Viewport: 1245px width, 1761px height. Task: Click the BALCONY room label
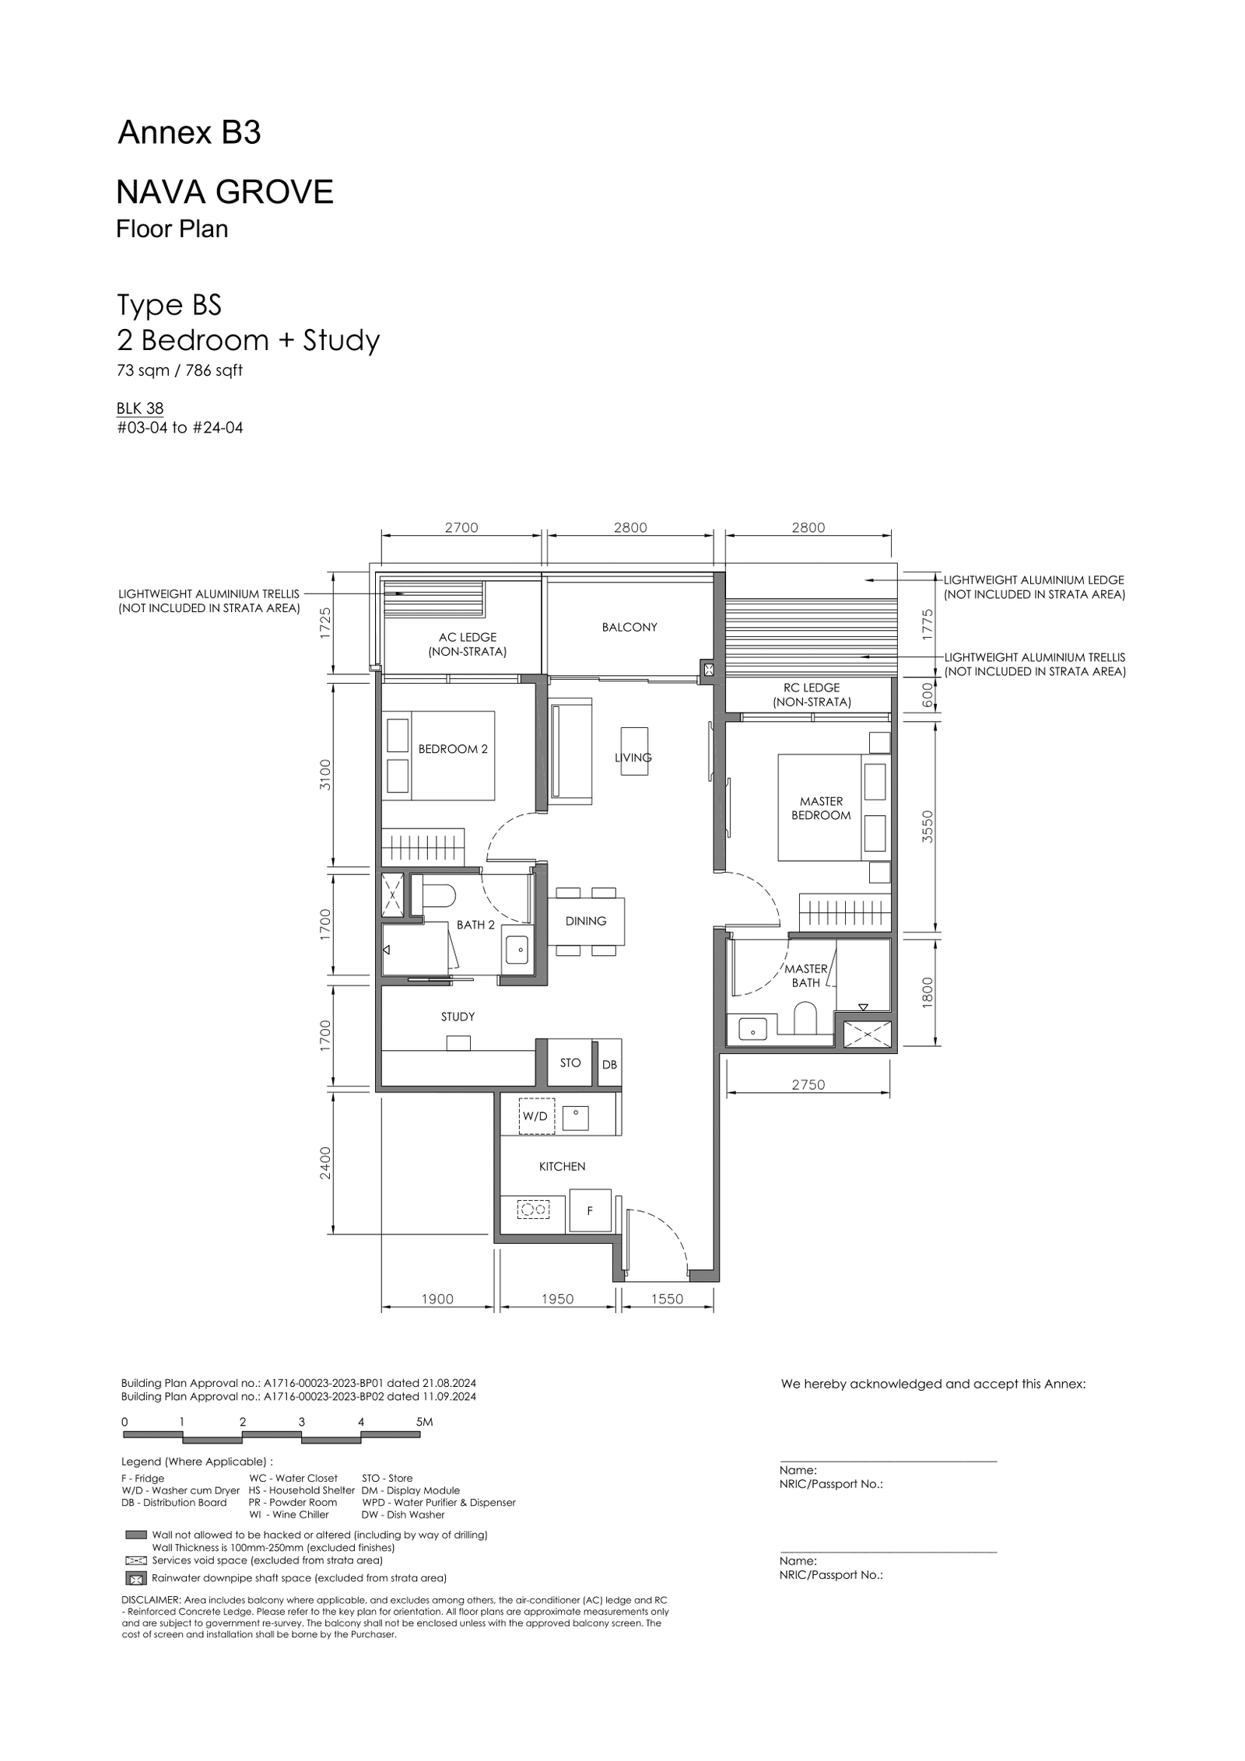(630, 627)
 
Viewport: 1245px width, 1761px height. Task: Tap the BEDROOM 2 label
(453, 749)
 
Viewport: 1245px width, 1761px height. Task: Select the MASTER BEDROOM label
(821, 808)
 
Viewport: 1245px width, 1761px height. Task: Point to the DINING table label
(586, 921)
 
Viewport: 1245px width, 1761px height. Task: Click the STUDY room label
(458, 1017)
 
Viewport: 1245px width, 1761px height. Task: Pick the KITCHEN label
(562, 1167)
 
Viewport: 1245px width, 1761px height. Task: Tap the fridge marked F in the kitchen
(590, 1210)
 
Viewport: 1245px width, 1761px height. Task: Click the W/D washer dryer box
(536, 1116)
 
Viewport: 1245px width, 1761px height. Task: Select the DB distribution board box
(609, 1064)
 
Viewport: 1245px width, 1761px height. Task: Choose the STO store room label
(570, 1063)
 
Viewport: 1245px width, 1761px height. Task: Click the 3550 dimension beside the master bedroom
(927, 827)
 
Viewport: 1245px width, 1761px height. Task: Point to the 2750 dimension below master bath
(808, 1084)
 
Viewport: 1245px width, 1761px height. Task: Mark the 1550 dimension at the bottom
(667, 1299)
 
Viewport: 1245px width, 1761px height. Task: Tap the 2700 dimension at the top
(461, 527)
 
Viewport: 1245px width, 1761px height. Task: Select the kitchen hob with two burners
(534, 1210)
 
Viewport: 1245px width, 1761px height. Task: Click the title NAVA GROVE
(225, 191)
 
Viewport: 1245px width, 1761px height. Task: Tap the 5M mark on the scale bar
(424, 1422)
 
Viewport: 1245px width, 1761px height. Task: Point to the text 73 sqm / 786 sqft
(180, 371)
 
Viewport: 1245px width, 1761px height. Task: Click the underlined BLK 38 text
(140, 408)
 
